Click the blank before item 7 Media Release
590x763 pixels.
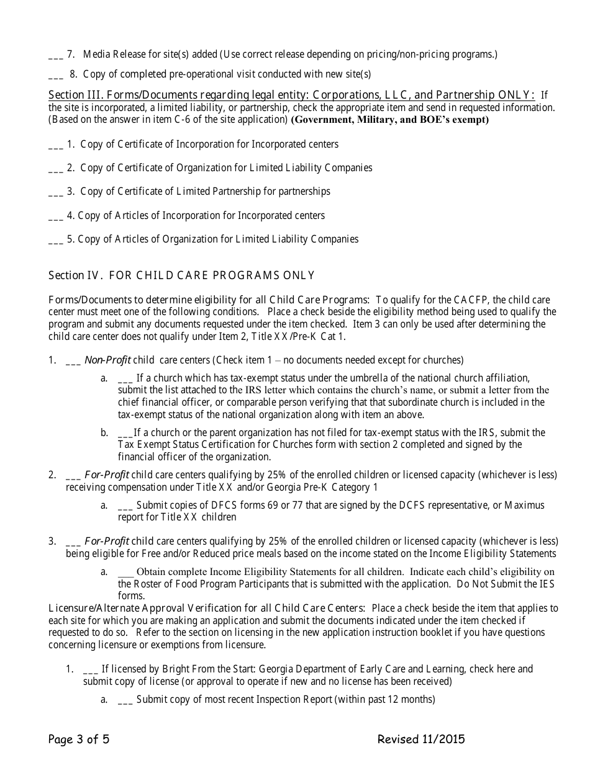click(55, 56)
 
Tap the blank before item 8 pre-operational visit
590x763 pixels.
click(55, 76)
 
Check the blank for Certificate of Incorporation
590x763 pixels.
click(55, 145)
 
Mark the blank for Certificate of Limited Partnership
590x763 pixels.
click(55, 192)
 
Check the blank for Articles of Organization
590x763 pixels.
click(55, 240)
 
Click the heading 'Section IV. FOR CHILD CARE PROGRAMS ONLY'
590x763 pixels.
click(181, 275)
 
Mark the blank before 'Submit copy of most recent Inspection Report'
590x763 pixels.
click(125, 700)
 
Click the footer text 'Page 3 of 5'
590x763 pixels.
click(79, 739)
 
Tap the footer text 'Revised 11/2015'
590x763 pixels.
click(420, 739)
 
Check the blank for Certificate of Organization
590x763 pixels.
click(55, 169)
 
